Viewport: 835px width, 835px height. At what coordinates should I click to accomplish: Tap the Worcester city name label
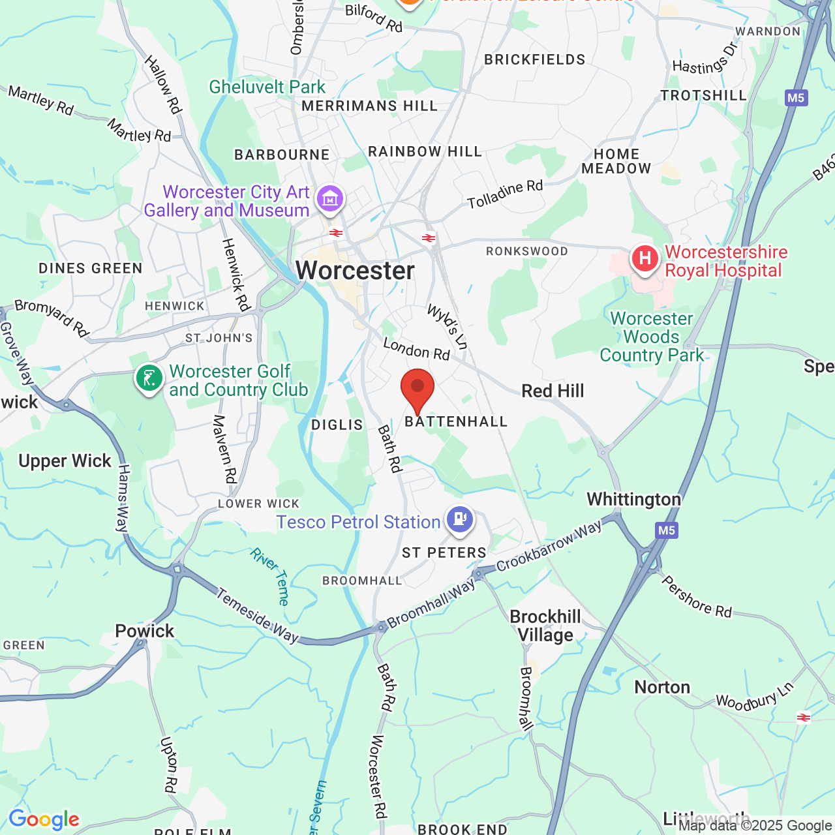[355, 271]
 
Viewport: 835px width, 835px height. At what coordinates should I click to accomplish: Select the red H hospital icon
[645, 259]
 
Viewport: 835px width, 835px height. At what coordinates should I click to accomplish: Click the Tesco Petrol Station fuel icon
[461, 519]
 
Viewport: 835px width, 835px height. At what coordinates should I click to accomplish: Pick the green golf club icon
[149, 378]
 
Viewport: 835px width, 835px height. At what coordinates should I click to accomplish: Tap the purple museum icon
[330, 198]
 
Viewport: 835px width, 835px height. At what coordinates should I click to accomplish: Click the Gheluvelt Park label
[267, 87]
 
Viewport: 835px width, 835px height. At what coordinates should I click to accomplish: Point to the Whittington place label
[633, 499]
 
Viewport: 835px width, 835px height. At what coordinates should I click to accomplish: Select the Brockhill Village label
[545, 626]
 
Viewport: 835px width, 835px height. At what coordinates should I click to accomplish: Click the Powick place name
[145, 631]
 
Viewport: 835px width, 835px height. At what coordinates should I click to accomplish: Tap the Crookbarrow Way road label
[549, 547]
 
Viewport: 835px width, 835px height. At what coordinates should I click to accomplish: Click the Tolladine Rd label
[505, 194]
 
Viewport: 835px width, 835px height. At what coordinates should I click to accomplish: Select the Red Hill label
[553, 391]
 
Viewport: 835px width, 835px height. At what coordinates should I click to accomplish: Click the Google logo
[44, 819]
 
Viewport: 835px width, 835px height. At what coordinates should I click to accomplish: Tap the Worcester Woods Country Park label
[651, 337]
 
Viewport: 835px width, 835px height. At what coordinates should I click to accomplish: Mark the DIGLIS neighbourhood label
[337, 425]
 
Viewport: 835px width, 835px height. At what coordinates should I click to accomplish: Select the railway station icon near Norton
[804, 718]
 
